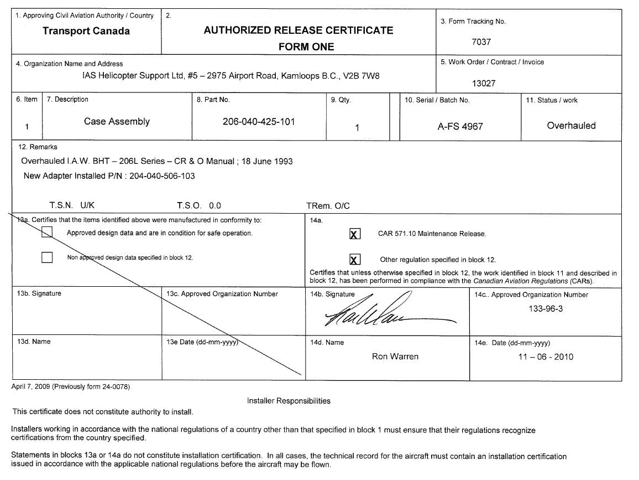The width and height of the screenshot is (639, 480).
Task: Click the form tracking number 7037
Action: [481, 42]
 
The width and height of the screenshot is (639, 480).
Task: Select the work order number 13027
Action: [484, 84]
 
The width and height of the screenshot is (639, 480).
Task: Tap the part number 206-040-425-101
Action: [258, 122]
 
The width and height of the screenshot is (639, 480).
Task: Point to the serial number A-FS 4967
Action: [460, 126]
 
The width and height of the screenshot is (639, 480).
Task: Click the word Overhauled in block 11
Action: [571, 126]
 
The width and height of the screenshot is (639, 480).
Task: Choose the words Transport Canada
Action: [86, 31]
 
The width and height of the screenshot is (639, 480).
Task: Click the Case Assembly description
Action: [117, 122]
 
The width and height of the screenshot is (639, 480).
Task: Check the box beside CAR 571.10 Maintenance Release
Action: [355, 234]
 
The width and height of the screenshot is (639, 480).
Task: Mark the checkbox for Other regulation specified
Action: [355, 260]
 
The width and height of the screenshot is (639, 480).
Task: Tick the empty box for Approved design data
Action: [48, 232]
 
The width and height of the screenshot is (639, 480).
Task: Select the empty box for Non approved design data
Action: [48, 257]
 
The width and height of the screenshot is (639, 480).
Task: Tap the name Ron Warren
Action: [395, 357]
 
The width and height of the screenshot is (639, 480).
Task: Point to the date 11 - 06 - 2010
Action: [546, 357]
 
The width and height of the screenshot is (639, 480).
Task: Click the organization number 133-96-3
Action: [546, 309]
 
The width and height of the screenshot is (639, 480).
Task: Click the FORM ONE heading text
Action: [306, 47]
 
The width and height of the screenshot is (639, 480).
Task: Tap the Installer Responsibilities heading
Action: [289, 401]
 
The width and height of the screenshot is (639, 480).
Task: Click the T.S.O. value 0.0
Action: [215, 205]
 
